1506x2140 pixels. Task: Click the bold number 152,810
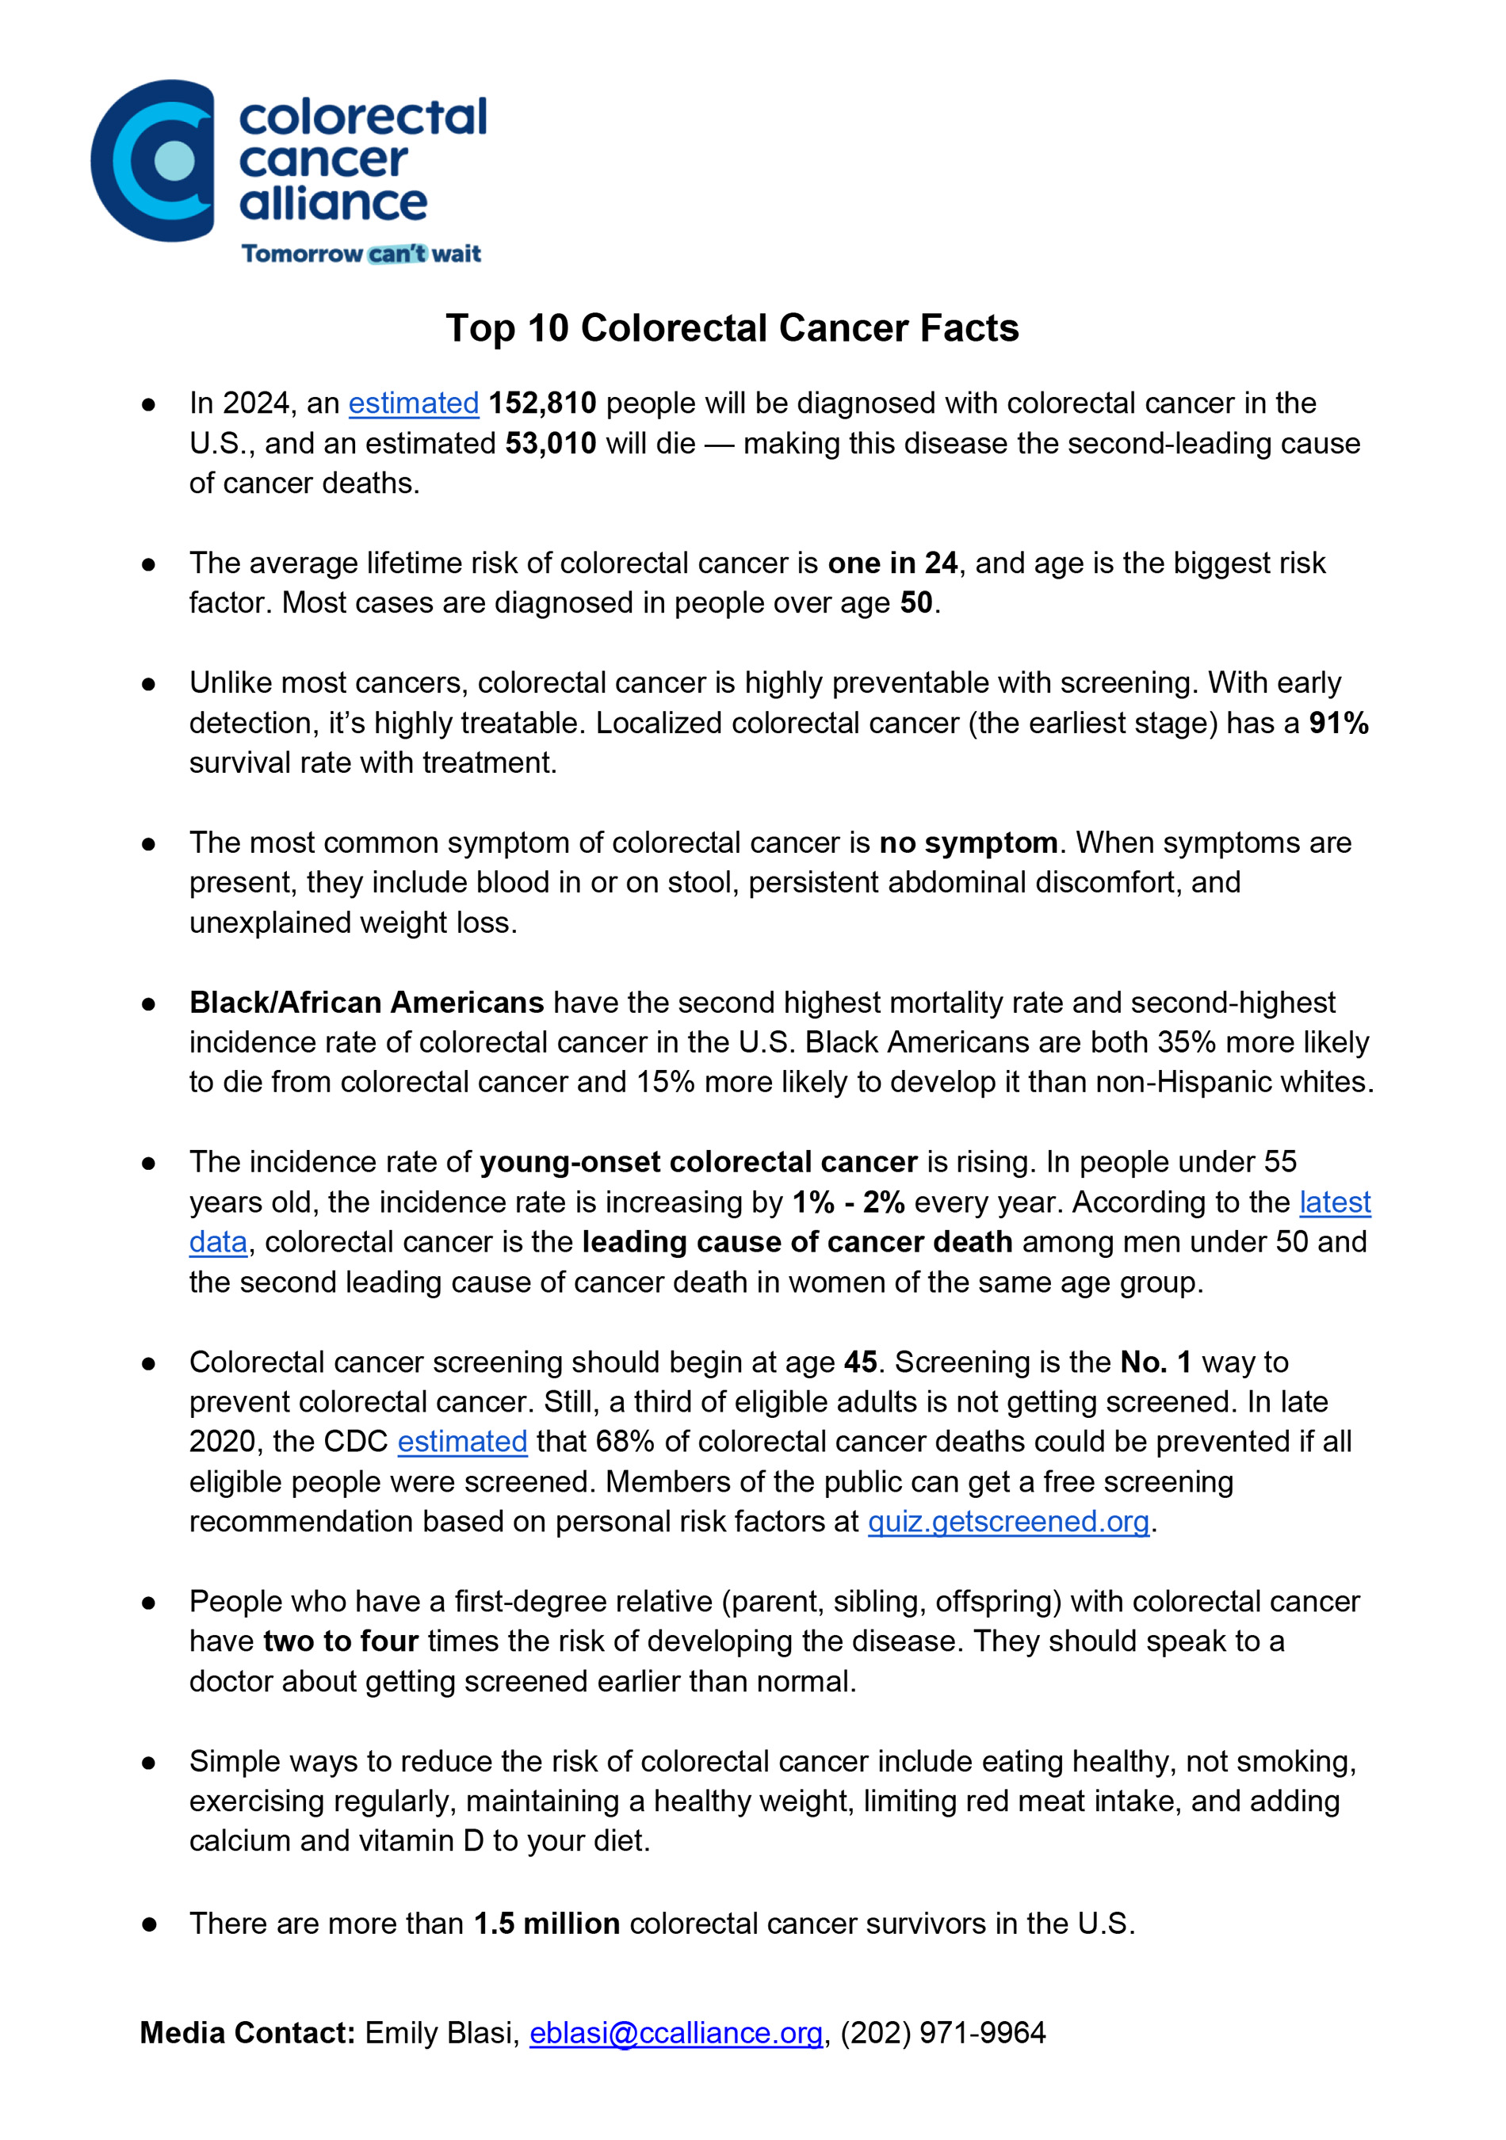pos(541,403)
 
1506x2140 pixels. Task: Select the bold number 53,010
pos(550,443)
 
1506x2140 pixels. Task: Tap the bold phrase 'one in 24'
pos(892,563)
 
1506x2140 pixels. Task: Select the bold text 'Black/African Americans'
pos(366,1002)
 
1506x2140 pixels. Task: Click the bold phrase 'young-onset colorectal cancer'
pos(698,1161)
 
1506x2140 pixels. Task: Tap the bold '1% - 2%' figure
pos(848,1202)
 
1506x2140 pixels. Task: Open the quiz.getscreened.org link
pos(1008,1521)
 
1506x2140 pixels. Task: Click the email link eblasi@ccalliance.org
pos(675,2033)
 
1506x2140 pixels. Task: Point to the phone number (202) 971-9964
pos(942,2033)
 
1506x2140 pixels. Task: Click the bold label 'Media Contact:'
pos(247,2033)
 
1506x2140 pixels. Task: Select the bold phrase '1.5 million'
pos(546,1924)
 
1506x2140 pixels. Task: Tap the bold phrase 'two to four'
pos(340,1641)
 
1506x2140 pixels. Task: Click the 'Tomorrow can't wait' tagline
pos(361,254)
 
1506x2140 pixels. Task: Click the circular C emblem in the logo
pos(153,160)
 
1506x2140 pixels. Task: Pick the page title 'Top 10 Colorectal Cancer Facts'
pos(732,328)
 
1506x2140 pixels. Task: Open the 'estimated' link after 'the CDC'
pos(462,1441)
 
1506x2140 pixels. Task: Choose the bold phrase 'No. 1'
pos(1156,1362)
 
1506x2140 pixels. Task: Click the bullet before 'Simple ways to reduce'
pos(148,1763)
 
